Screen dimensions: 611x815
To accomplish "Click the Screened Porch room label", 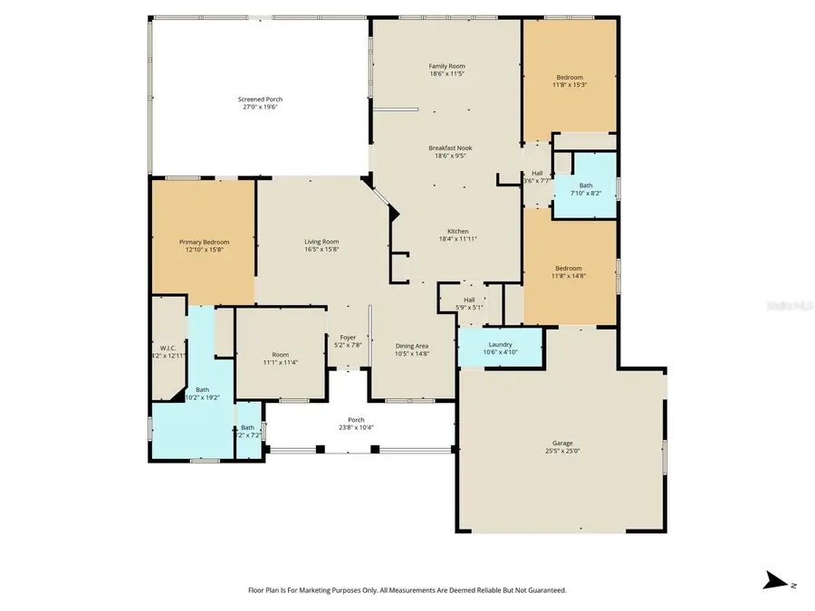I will pos(259,99).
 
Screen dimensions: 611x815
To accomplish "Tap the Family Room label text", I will pos(446,66).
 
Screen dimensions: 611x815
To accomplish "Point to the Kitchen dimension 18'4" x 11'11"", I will pos(457,239).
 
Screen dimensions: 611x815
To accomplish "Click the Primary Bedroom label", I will pos(204,242).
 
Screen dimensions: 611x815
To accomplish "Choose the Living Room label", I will pos(321,242).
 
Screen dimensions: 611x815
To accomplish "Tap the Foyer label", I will pos(348,337).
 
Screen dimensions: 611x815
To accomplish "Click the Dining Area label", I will pos(412,346).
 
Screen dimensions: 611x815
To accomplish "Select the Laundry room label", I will pos(500,344).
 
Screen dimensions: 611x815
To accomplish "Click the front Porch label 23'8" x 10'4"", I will pos(357,427).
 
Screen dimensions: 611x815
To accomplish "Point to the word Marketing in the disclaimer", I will pos(322,590).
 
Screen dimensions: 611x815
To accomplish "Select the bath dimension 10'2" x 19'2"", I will pos(202,397).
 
